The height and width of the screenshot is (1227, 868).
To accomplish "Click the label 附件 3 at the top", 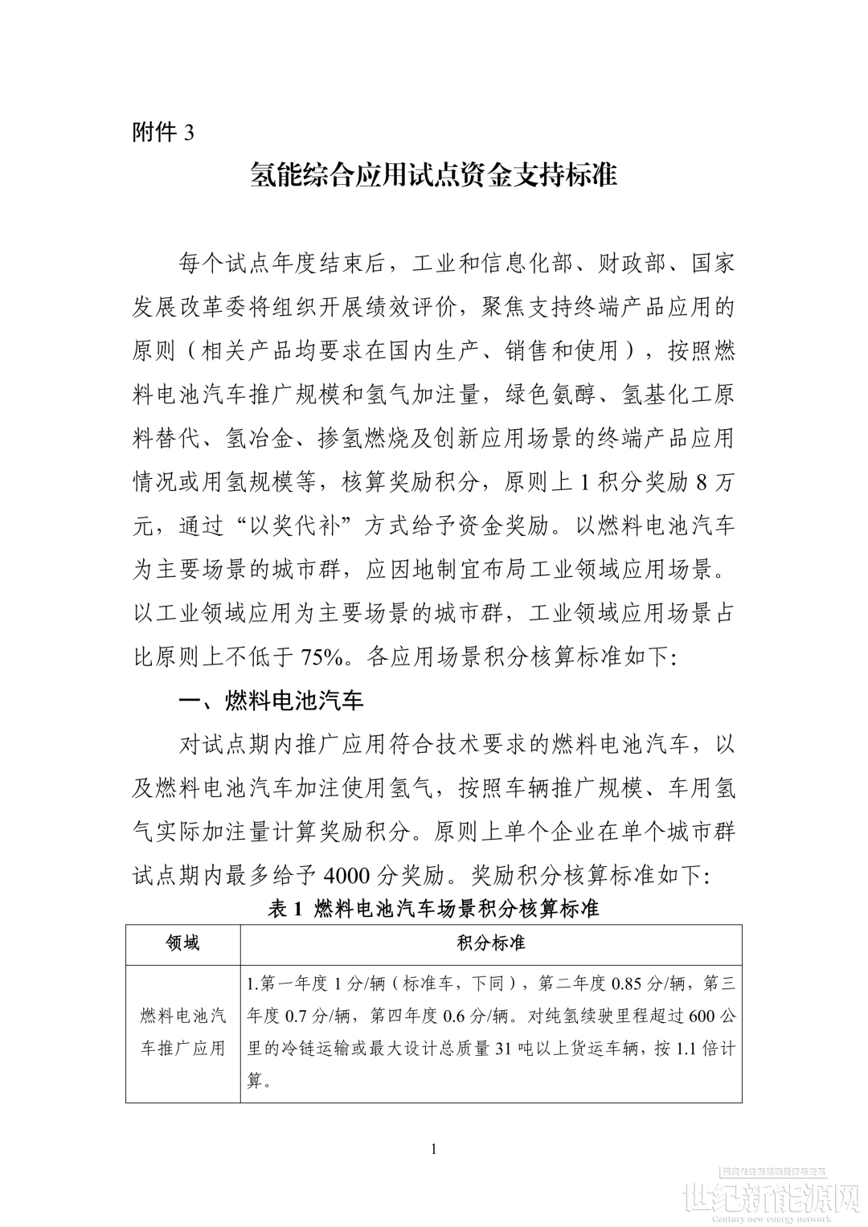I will pyautogui.click(x=163, y=133).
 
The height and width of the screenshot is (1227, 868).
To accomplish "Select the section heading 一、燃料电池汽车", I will pyautogui.click(x=271, y=701).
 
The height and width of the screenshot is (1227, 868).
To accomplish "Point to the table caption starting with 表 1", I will pyautogui.click(x=433, y=909).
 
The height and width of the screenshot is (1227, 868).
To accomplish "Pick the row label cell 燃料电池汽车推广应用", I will pyautogui.click(x=182, y=1032).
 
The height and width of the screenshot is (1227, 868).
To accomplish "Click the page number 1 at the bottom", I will pyautogui.click(x=434, y=1149).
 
